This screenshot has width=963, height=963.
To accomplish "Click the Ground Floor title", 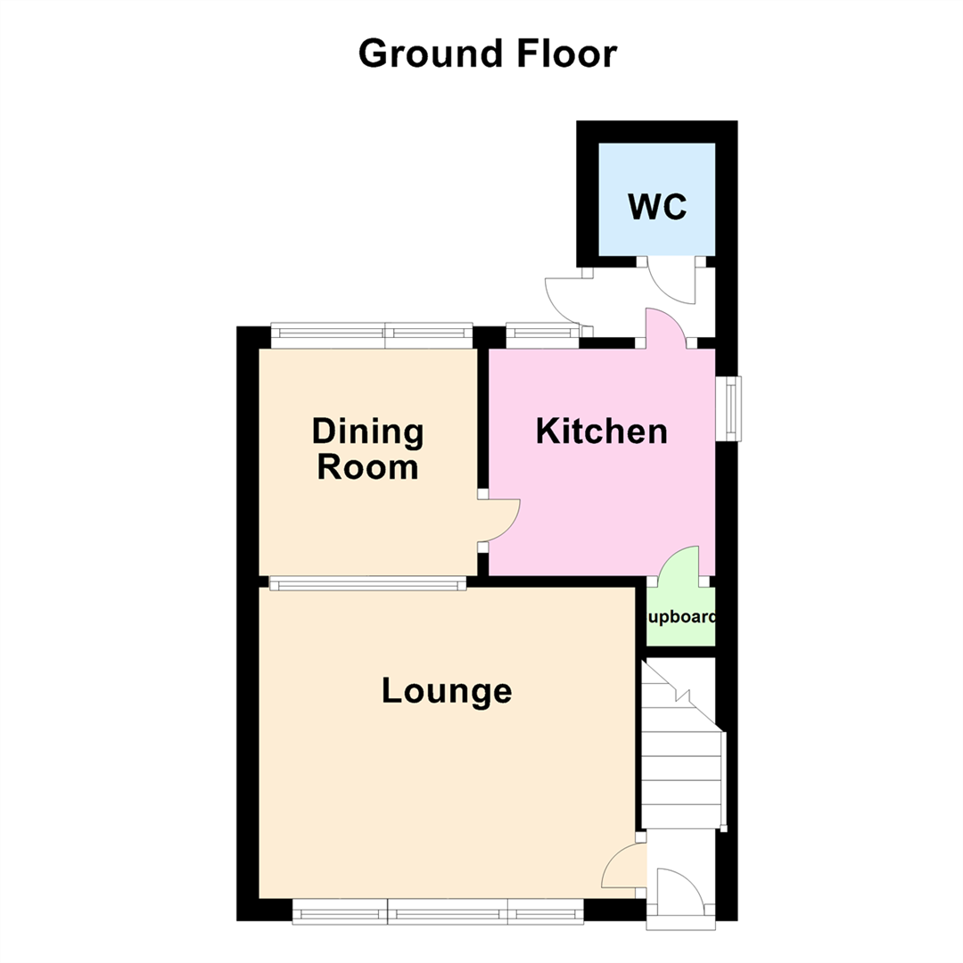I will coord(487,54).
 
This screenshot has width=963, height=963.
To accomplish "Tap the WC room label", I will coord(657,207).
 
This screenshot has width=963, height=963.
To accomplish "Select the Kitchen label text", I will coord(601,432).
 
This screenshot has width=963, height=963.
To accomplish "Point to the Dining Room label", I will coord(367,449).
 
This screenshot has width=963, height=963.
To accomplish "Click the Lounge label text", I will coord(447,691).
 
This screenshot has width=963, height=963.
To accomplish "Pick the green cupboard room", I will coord(680,618).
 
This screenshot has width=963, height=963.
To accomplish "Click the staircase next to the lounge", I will coord(681,749).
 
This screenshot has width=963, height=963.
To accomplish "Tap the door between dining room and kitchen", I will coord(499,520).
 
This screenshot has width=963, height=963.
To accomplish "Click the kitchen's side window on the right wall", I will coord(732,407).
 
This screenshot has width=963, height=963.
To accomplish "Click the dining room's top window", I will coord(371,334).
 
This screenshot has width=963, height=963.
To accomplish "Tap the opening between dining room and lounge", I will coord(367,584).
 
